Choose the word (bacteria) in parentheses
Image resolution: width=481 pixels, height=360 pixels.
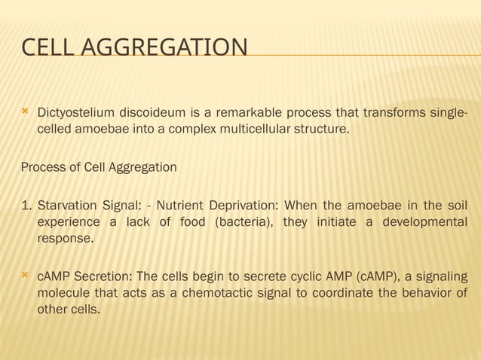click(246, 222)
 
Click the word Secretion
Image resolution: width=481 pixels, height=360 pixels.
click(100, 277)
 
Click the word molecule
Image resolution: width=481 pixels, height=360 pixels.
click(63, 293)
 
